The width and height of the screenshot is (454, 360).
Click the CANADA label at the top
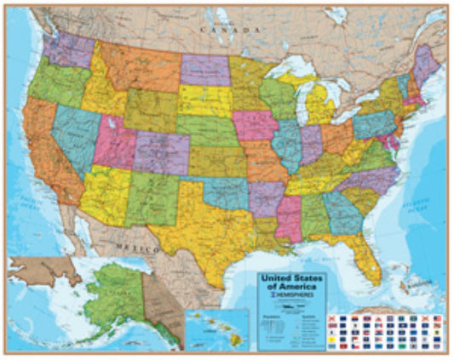[228, 29]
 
